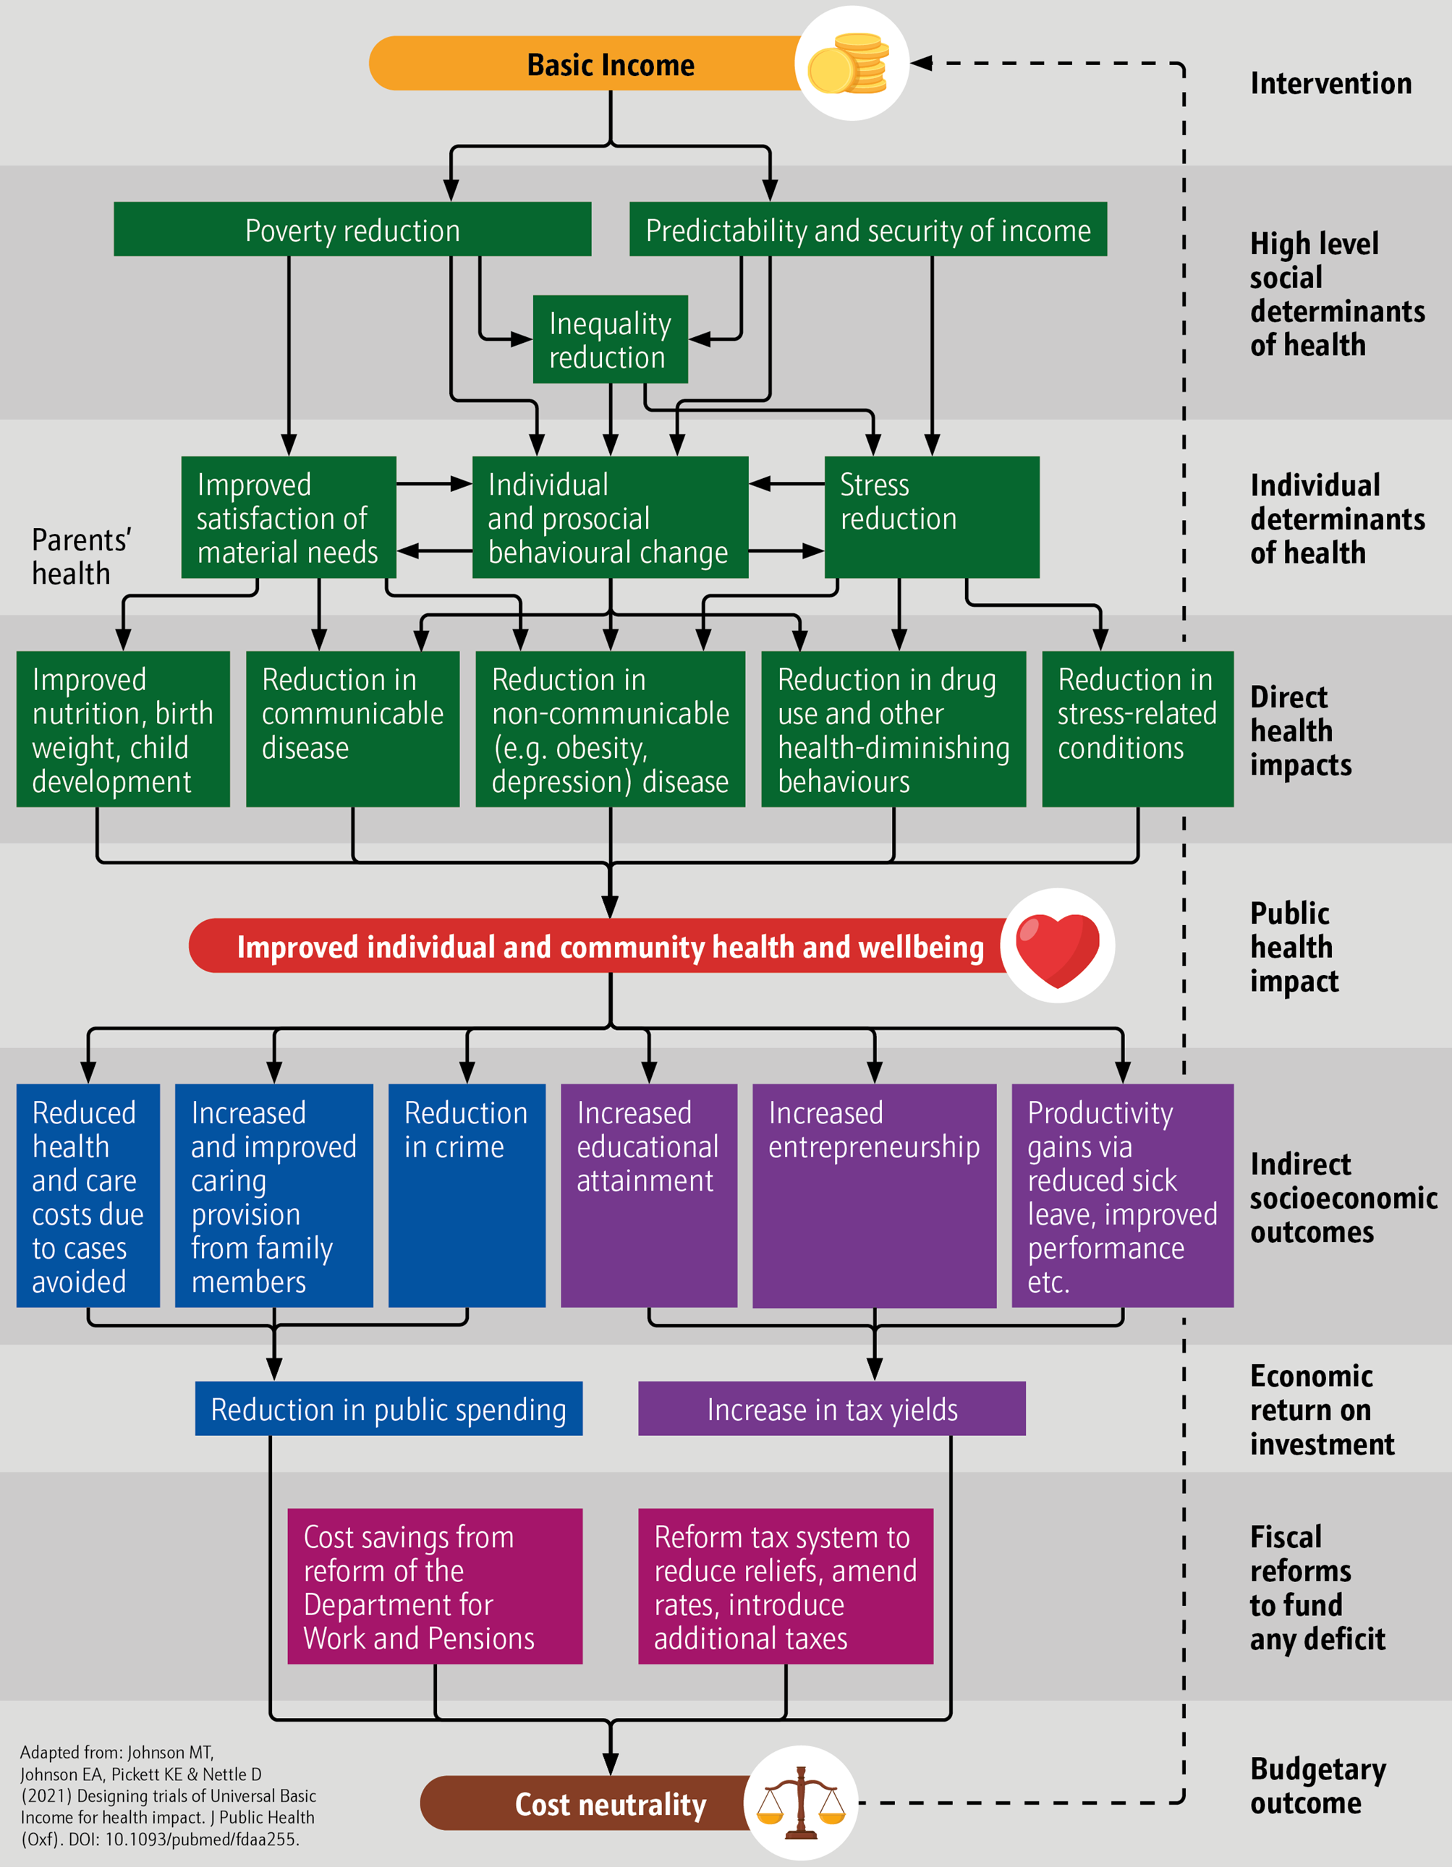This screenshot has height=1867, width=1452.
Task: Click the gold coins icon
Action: pos(850,63)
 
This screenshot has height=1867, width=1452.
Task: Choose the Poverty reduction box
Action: pos(352,230)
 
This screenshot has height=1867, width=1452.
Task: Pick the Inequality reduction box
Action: pos(610,339)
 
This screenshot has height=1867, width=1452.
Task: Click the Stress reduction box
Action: pos(931,517)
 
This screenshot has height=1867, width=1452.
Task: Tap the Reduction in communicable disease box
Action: pos(352,728)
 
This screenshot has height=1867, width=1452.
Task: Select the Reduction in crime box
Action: pos(466,1195)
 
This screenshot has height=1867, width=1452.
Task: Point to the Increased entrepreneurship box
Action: pos(874,1195)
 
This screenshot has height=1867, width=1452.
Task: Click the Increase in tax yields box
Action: pos(831,1409)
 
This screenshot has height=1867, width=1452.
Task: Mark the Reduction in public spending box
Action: pos(389,1409)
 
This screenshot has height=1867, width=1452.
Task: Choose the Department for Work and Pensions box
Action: pos(434,1586)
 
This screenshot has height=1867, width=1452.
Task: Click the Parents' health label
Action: pos(80,556)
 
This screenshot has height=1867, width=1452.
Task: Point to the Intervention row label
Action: pos(1330,83)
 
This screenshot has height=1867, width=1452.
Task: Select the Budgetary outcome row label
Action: pos(1317,1786)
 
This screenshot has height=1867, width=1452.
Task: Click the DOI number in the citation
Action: pos(201,1839)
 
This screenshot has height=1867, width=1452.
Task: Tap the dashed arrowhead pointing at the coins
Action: pos(920,63)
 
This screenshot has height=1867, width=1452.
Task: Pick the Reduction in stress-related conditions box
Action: pos(1137,728)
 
